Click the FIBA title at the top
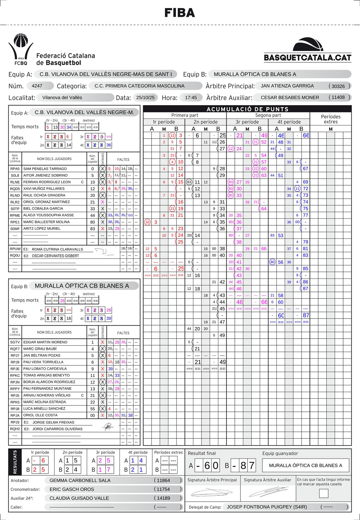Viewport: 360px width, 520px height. tap(180, 13)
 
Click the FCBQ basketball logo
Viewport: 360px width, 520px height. tap(21, 49)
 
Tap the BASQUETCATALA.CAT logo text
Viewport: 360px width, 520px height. tap(308, 58)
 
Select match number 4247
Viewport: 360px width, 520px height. tap(37, 86)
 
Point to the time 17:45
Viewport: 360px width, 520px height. tap(191, 98)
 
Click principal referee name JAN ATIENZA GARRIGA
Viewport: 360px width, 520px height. tap(287, 86)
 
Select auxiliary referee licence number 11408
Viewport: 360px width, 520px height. tap(338, 97)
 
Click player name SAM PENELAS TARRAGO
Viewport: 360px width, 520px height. tap(45, 169)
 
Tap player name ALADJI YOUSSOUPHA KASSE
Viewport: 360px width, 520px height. tap(49, 215)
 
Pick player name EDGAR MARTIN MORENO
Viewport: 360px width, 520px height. tap(45, 342)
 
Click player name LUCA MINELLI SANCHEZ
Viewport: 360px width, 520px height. tap(44, 409)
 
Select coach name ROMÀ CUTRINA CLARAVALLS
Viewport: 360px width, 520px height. tap(57, 249)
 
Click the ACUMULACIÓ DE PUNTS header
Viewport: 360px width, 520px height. tap(247, 109)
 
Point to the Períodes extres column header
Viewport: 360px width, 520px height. tap(330, 119)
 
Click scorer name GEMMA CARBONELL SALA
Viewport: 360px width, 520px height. tap(80, 480)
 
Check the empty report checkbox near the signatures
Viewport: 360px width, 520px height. tap(323, 493)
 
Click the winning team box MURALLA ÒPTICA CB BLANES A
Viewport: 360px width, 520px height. tap(306, 465)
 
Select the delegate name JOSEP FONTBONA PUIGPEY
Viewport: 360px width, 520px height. tap(267, 507)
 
